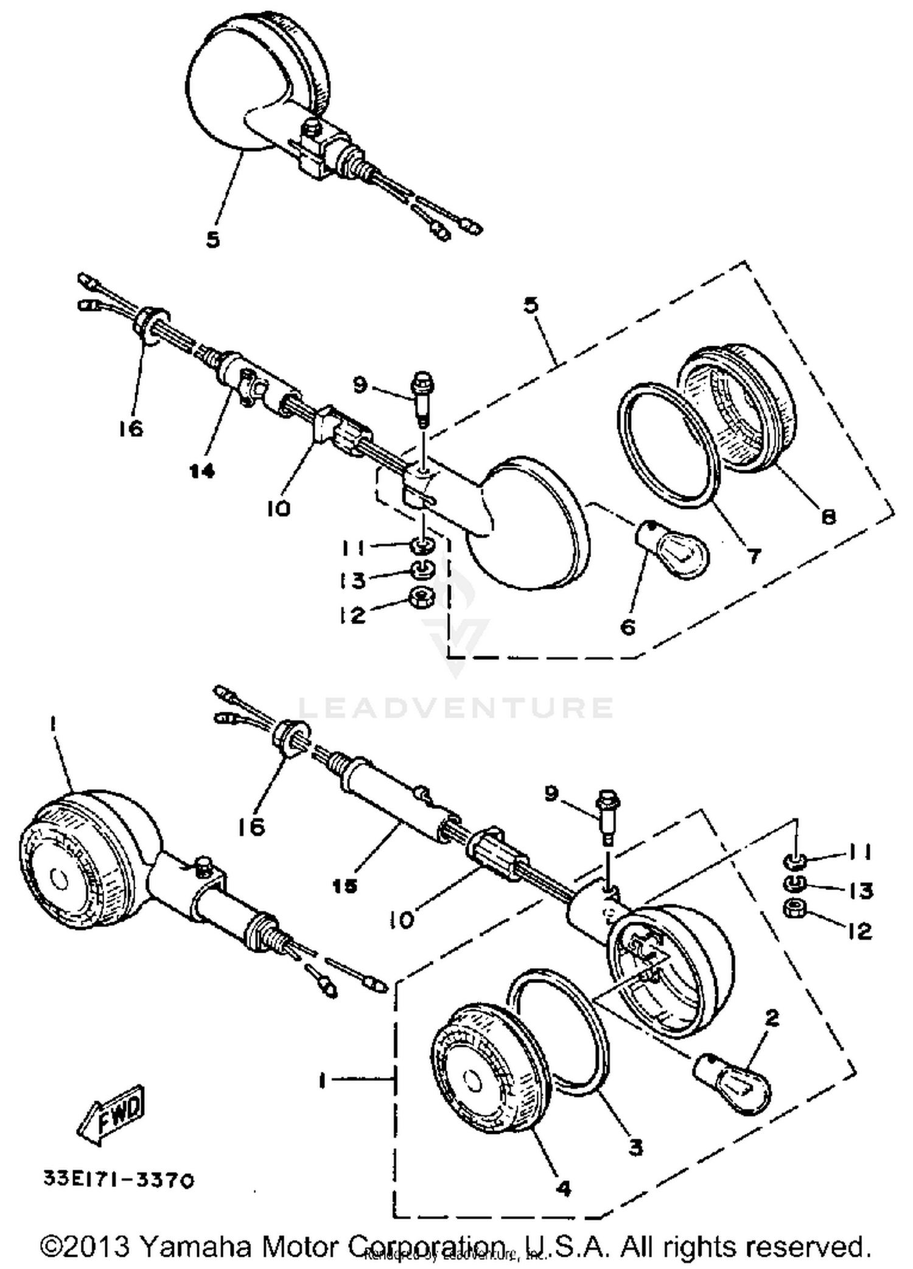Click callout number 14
[x=202, y=470]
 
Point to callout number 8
[x=828, y=516]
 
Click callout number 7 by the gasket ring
[x=754, y=555]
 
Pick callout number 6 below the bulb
[x=628, y=626]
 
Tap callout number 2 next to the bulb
[x=771, y=1018]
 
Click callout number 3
[x=635, y=1147]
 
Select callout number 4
[x=564, y=1187]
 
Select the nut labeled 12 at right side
[x=796, y=910]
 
